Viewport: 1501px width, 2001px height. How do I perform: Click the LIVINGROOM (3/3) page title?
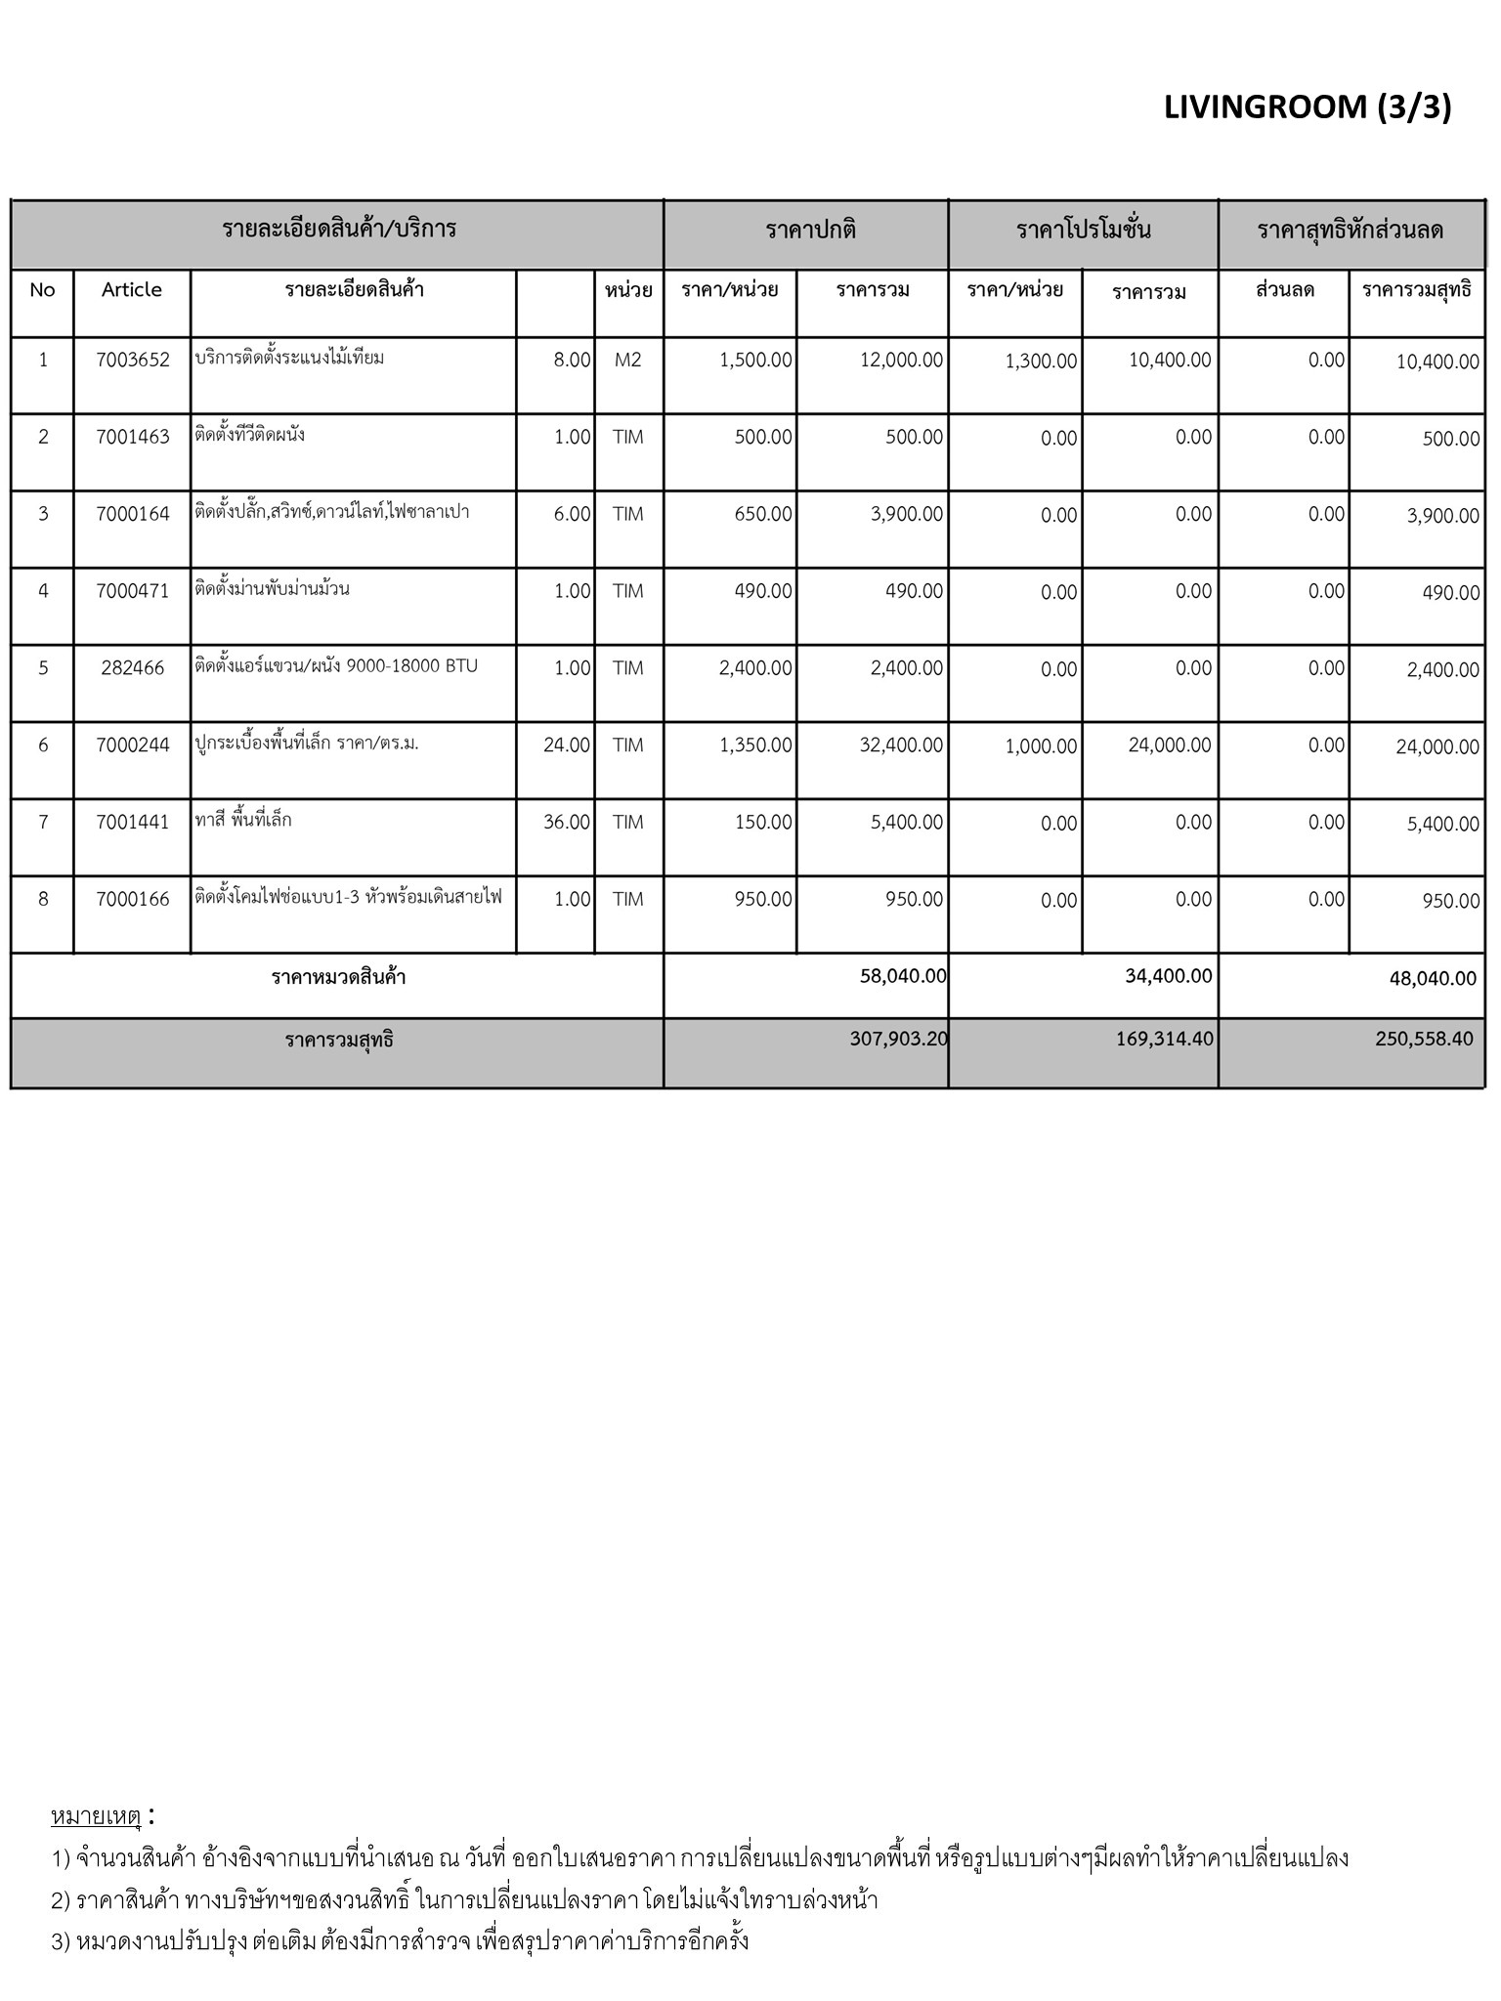pos(1307,106)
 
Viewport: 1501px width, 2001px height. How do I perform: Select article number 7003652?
pos(132,360)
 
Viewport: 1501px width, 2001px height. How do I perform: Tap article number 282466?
pos(132,668)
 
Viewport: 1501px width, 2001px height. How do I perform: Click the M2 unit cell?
pos(628,360)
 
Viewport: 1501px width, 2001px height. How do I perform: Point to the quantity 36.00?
pos(567,823)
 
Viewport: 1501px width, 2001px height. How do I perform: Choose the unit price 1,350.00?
pos(755,745)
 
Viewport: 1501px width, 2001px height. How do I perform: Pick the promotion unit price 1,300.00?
pos(1041,362)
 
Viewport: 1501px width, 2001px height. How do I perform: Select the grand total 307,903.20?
pos(898,1039)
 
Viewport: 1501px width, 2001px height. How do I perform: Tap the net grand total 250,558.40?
pos(1423,1039)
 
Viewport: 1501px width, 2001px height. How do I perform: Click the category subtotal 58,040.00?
pos(903,976)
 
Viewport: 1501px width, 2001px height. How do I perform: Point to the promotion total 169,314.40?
pos(1164,1039)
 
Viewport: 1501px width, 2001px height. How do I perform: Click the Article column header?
pos(132,290)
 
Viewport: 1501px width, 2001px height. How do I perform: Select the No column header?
pos(42,290)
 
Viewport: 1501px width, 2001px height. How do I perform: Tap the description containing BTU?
pos(336,666)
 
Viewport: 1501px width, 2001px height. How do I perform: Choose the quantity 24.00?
pos(567,745)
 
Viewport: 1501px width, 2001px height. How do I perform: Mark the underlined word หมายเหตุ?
pos(96,1817)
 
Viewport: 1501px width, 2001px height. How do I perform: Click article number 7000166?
pos(132,900)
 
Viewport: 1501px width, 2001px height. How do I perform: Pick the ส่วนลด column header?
pos(1284,290)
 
